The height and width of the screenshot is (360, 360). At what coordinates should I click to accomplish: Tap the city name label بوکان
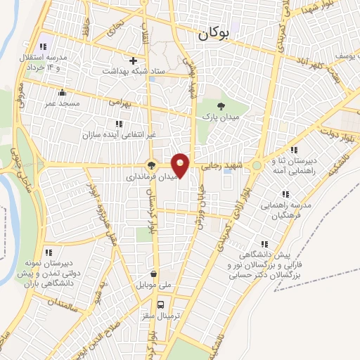[x=215, y=32]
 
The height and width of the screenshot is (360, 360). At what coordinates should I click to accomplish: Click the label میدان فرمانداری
[x=150, y=179]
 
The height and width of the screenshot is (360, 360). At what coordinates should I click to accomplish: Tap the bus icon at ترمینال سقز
[x=161, y=304]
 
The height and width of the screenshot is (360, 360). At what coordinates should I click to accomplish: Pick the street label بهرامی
[x=121, y=102]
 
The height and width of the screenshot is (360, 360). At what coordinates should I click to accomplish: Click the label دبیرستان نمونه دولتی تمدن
[x=48, y=262]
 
